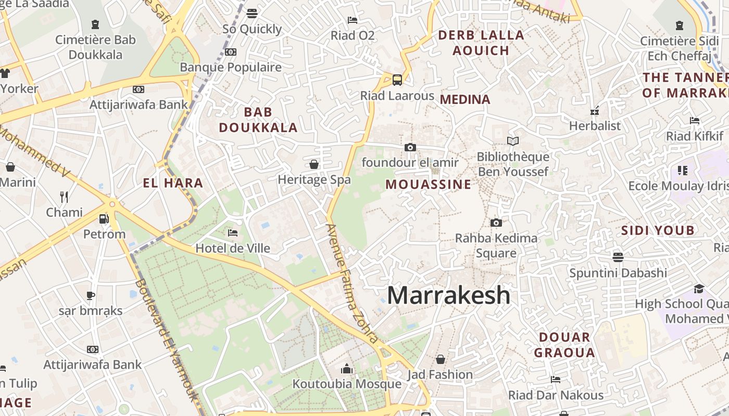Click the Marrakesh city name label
(448, 295)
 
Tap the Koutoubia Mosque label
(347, 384)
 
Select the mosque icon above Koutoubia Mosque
(347, 369)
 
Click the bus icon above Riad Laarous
(397, 80)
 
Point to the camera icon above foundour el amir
(410, 147)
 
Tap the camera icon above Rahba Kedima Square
(496, 223)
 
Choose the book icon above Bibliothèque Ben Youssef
(513, 141)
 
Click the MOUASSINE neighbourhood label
(429, 185)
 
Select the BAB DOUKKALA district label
(258, 120)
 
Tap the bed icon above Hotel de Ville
(233, 232)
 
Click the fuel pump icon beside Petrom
(104, 218)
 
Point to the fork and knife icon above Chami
(64, 197)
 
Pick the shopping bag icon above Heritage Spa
(314, 164)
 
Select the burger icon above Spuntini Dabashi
(618, 257)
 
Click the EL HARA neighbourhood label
(173, 183)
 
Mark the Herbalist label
(595, 126)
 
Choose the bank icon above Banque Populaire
(231, 52)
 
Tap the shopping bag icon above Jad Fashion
(441, 359)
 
